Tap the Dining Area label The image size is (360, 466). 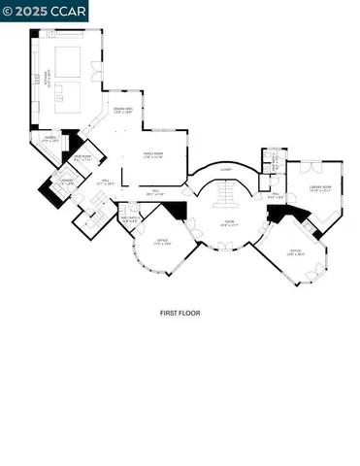[x=123, y=111]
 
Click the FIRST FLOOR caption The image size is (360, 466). [x=180, y=314]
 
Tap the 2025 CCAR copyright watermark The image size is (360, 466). [x=45, y=11]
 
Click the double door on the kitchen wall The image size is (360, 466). [x=94, y=71]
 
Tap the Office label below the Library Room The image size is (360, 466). [x=297, y=253]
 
